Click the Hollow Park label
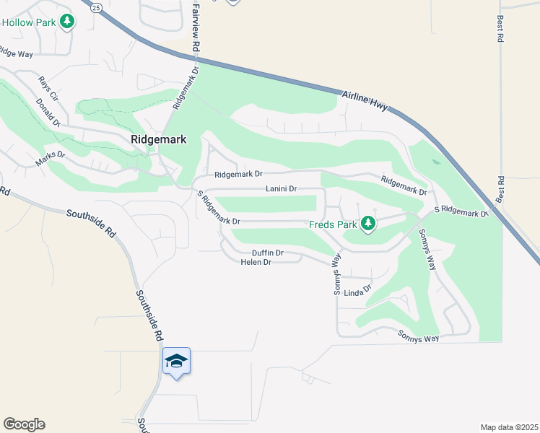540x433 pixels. [x=28, y=22]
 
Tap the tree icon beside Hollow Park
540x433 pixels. [x=67, y=22]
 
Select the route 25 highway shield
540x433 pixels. [x=96, y=6]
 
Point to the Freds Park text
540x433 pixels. [x=333, y=224]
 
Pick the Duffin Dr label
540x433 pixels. [x=267, y=253]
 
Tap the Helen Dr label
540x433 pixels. [x=256, y=263]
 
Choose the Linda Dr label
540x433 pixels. [x=357, y=292]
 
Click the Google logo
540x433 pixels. [x=24, y=424]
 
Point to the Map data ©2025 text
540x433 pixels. [x=508, y=427]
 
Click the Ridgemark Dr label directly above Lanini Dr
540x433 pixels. [x=238, y=175]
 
